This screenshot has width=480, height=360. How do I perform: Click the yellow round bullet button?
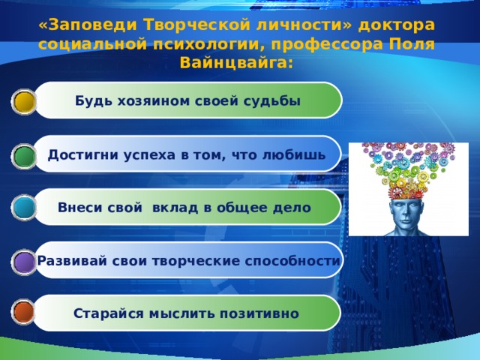[24, 102]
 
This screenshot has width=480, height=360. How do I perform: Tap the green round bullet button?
[24, 156]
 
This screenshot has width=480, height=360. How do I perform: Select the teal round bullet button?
[24, 208]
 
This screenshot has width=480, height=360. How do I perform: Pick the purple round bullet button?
[25, 262]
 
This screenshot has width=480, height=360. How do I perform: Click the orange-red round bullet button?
[23, 312]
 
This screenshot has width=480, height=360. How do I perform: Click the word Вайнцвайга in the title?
[234, 63]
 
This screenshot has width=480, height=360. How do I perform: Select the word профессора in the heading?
[327, 44]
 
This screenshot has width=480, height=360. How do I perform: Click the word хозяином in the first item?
[154, 101]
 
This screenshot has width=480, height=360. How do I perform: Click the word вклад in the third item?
[175, 208]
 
